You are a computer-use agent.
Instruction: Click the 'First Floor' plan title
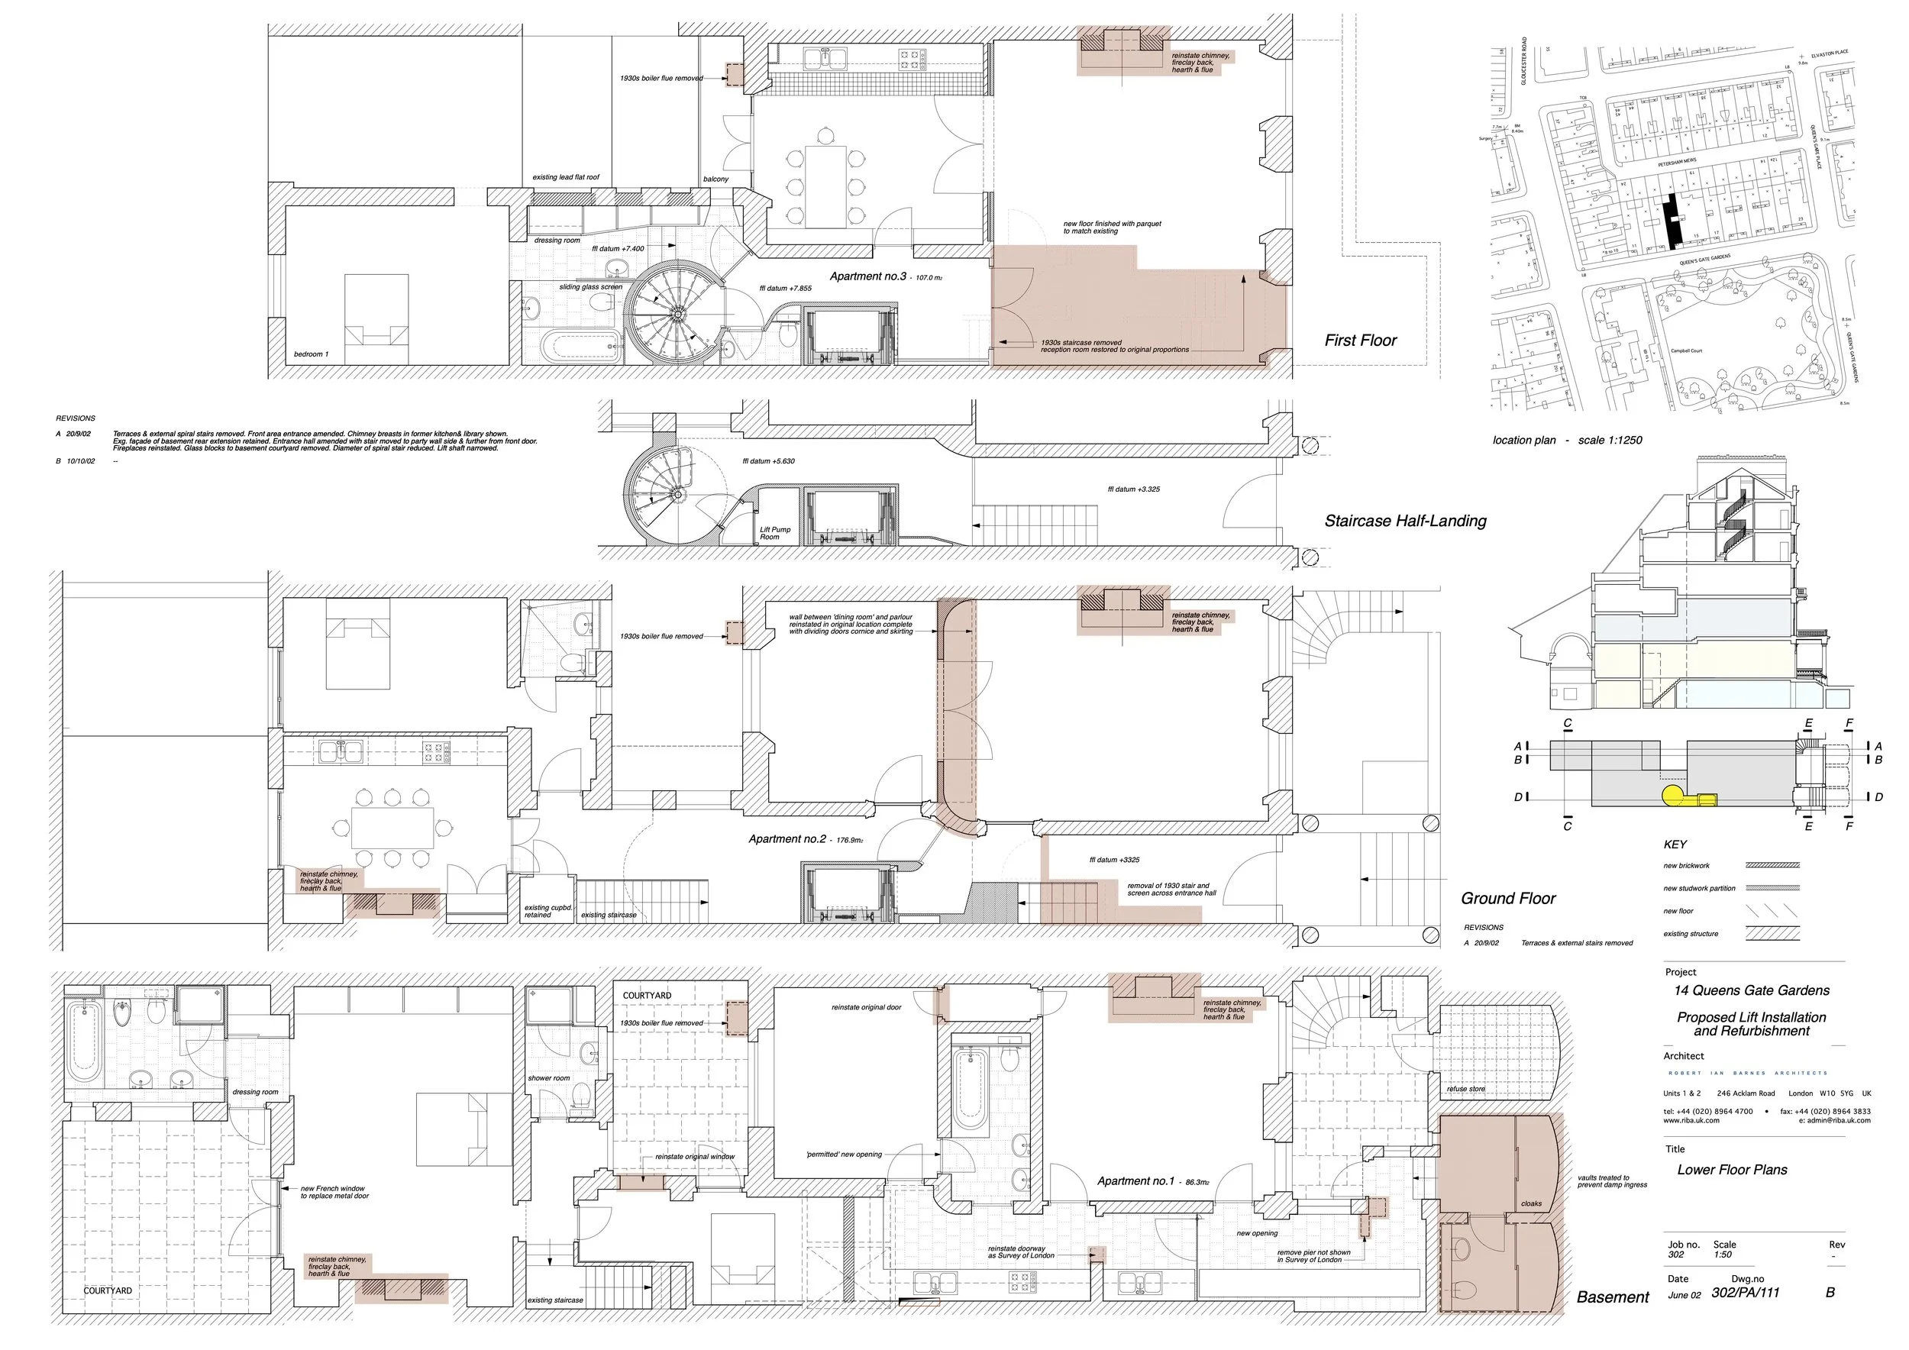[1360, 340]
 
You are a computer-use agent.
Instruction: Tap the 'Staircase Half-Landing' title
[1404, 522]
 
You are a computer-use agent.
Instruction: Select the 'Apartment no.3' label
[867, 276]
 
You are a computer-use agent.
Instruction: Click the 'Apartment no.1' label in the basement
[1135, 1180]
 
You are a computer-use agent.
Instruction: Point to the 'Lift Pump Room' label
[775, 533]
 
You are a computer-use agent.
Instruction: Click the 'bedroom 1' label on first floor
[311, 354]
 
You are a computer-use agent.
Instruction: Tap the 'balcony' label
[715, 179]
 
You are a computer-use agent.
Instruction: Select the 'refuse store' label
[1465, 1088]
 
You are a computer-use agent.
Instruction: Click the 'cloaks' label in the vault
[1531, 1203]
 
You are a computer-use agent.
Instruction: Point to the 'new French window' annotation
[334, 1192]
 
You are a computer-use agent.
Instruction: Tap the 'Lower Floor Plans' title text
[1732, 1170]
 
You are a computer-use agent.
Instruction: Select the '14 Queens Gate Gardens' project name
[1751, 990]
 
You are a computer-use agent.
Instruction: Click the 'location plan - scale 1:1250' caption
[1566, 440]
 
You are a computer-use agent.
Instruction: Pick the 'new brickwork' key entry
[1686, 865]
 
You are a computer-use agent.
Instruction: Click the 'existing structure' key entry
[1690, 934]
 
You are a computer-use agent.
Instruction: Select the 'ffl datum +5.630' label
[768, 460]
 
